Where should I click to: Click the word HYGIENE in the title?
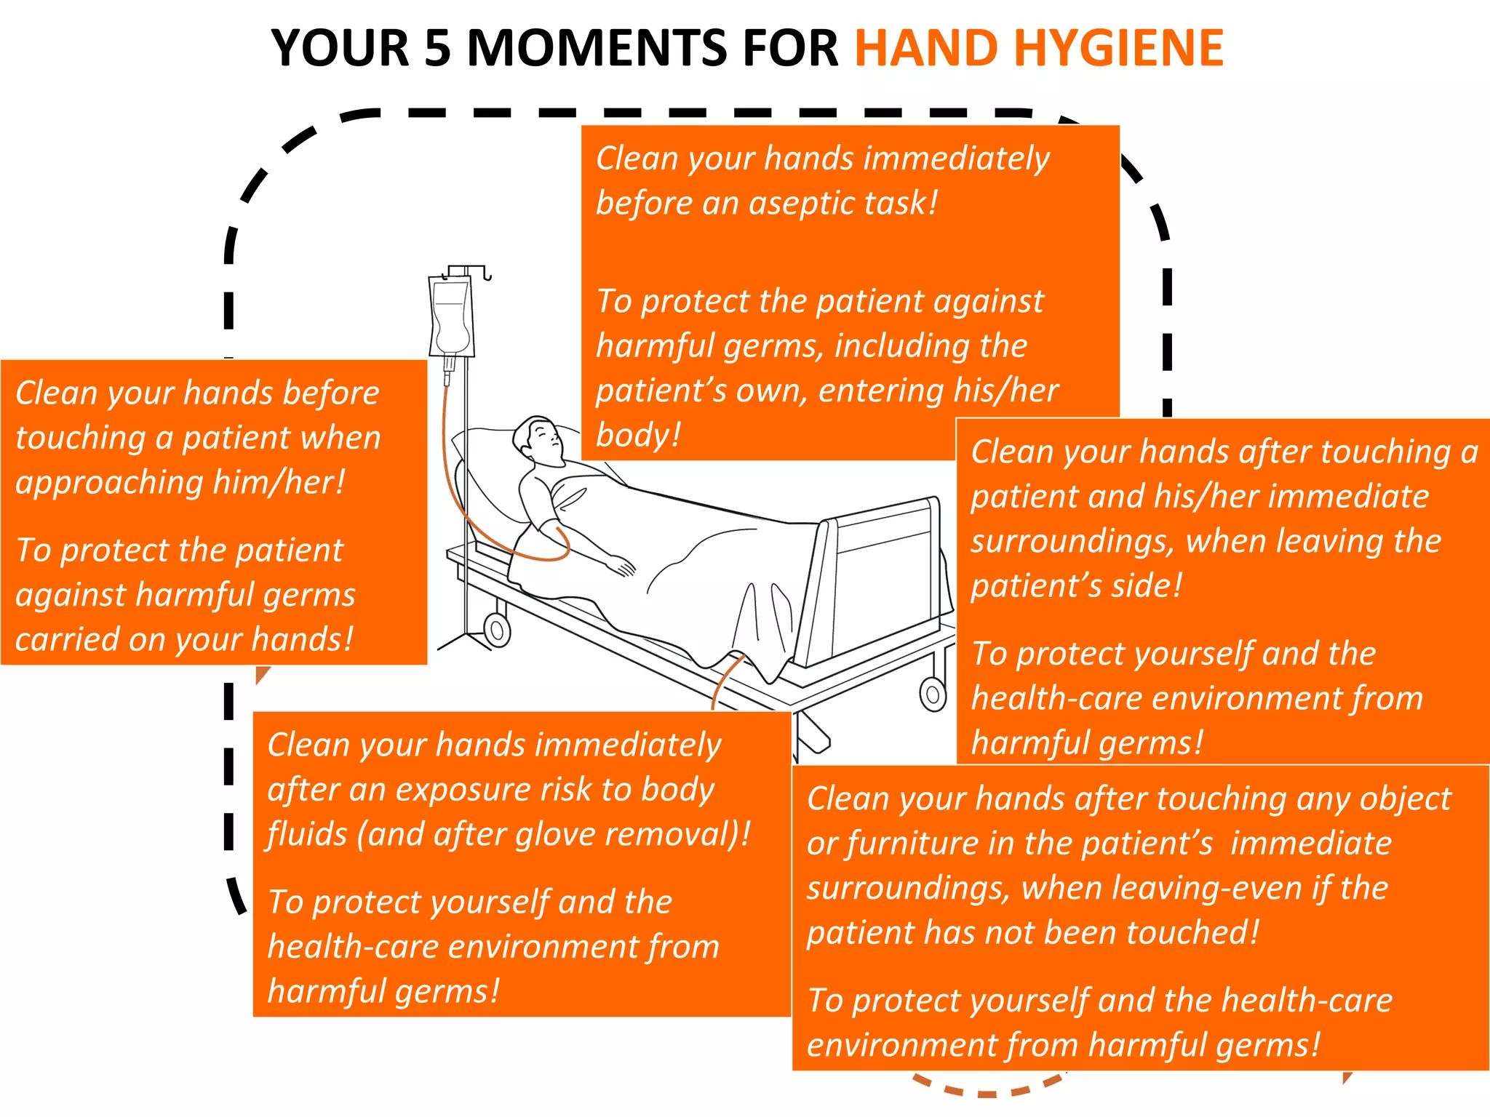tap(1118, 48)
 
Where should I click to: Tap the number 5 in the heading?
tap(438, 48)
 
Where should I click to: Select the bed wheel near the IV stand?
tap(498, 629)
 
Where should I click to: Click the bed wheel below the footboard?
tap(933, 694)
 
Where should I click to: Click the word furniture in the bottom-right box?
tap(910, 844)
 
